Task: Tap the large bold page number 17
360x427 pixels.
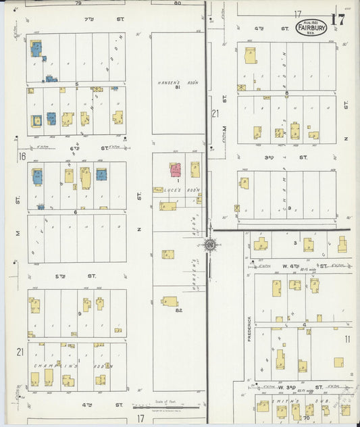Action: (x=337, y=19)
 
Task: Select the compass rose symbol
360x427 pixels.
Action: (x=209, y=244)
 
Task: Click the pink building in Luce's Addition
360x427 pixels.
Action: (x=175, y=169)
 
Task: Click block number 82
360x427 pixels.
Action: (x=179, y=310)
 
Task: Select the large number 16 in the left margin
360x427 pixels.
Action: (x=22, y=156)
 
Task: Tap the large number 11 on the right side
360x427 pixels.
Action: (x=347, y=338)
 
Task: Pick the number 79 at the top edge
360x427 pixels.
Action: (x=78, y=3)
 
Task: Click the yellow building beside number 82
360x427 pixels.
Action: (x=170, y=301)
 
